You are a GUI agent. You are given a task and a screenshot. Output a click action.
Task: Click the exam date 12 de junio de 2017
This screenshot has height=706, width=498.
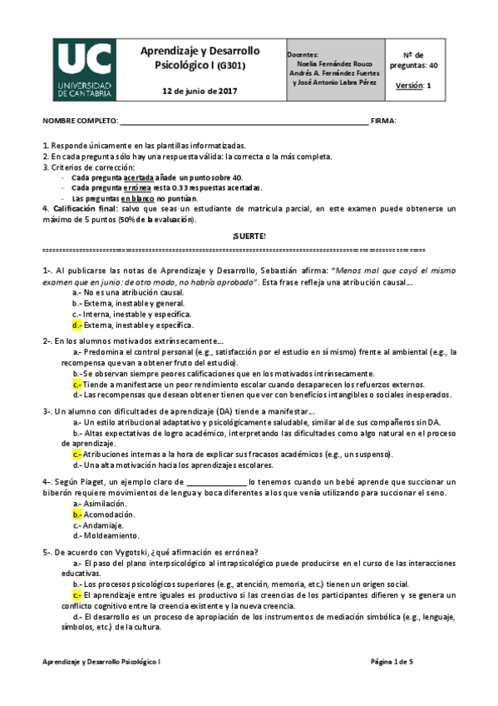(200, 90)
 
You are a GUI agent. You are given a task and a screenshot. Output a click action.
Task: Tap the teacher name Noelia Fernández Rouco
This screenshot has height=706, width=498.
(333, 63)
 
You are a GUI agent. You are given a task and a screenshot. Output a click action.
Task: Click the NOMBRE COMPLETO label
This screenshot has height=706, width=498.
(80, 121)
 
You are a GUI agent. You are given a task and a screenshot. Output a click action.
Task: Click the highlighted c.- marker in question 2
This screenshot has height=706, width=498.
(76, 385)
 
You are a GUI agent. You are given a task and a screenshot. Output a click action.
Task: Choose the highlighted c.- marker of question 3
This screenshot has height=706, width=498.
(76, 455)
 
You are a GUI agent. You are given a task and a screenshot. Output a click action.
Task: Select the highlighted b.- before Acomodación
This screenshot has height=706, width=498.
(76, 515)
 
